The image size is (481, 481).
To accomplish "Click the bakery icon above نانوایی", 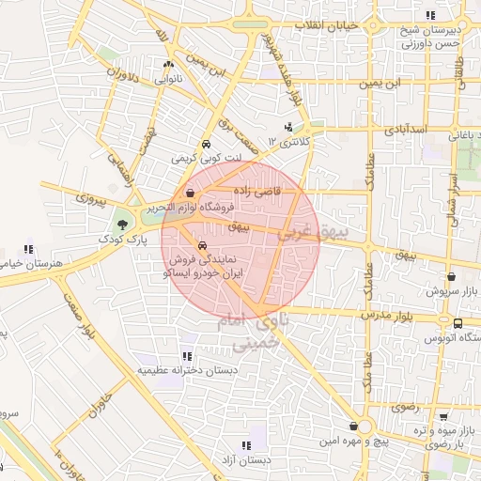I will coord(168,65).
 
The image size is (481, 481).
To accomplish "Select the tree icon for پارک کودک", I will coord(120,224).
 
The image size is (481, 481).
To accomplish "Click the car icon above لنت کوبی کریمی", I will coord(205,146).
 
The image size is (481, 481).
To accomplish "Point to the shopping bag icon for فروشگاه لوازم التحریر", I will coord(191,193).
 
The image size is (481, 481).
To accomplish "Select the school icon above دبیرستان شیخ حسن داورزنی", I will coord(430,15).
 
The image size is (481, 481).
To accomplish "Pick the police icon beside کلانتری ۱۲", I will coord(288,127).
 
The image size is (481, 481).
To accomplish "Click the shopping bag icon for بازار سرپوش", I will coord(453,277).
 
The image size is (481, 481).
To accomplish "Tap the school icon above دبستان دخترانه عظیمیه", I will coord(186,356).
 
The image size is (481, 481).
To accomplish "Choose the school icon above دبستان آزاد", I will coord(246,445).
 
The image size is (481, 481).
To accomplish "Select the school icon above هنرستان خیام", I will coord(28,249).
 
